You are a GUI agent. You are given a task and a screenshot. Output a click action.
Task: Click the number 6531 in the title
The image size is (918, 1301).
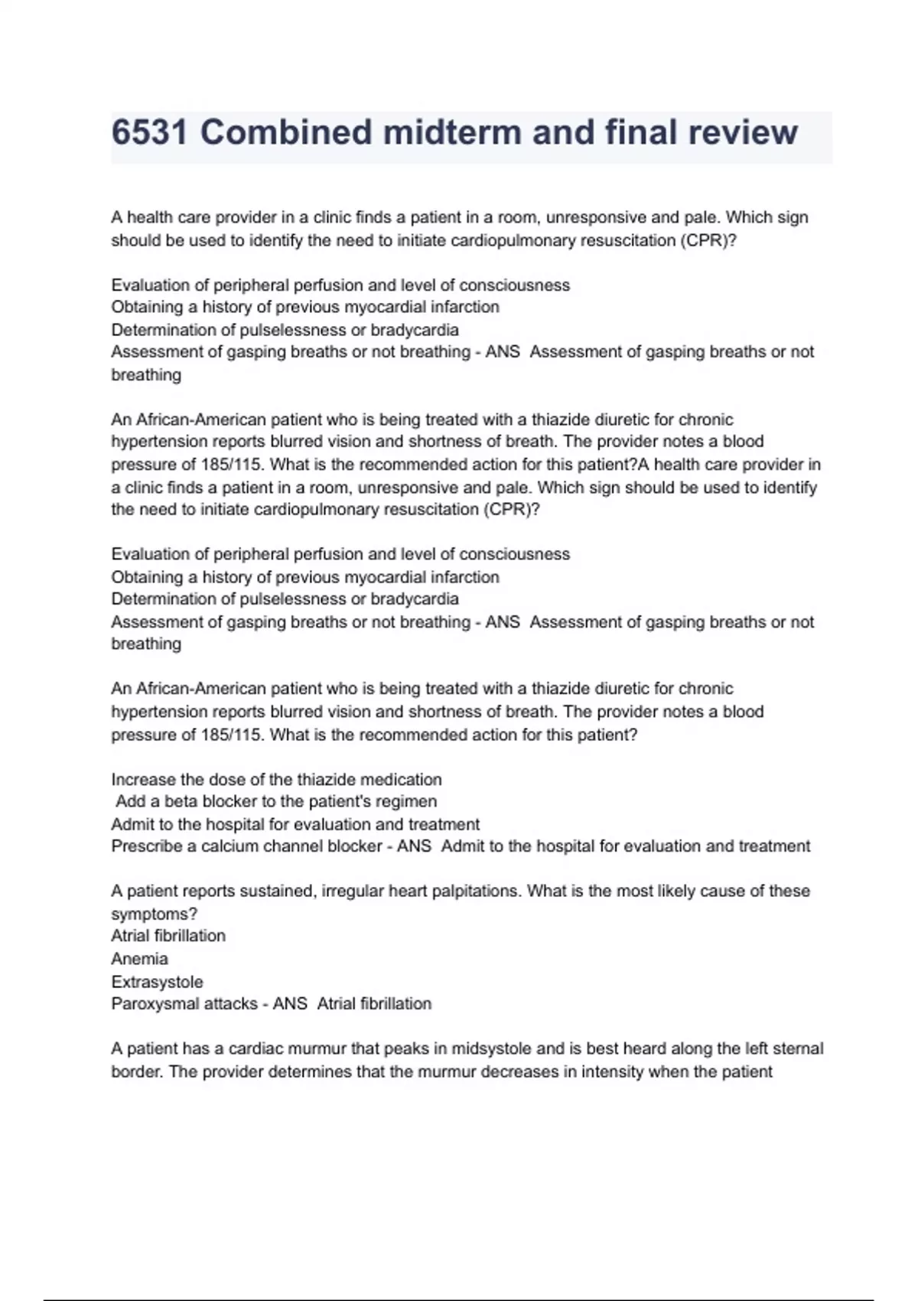tap(150, 132)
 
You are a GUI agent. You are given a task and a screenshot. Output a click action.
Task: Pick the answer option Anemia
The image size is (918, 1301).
tap(139, 959)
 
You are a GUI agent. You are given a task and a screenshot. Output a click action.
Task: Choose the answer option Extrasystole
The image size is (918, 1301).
tap(157, 982)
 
